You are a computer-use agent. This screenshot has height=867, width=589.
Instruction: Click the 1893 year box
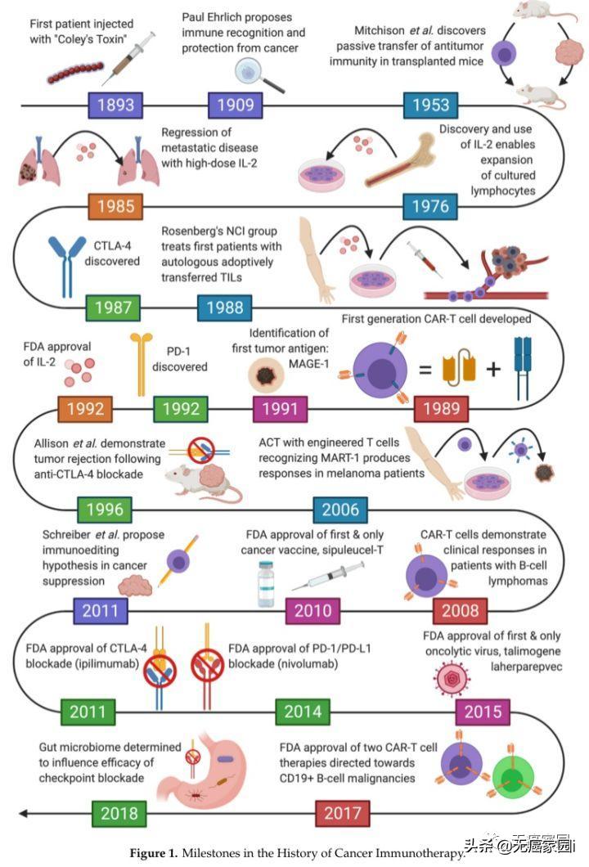[x=115, y=105]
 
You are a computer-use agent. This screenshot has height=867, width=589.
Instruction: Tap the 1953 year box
[x=431, y=105]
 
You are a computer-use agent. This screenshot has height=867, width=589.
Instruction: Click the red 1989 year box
[x=442, y=407]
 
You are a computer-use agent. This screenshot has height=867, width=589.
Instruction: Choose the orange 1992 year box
[x=84, y=407]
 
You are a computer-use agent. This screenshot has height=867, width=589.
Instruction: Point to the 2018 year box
[x=119, y=813]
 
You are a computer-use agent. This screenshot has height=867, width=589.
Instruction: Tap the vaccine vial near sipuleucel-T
[x=268, y=583]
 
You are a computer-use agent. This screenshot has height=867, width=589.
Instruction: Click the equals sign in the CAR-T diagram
[x=425, y=369]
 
